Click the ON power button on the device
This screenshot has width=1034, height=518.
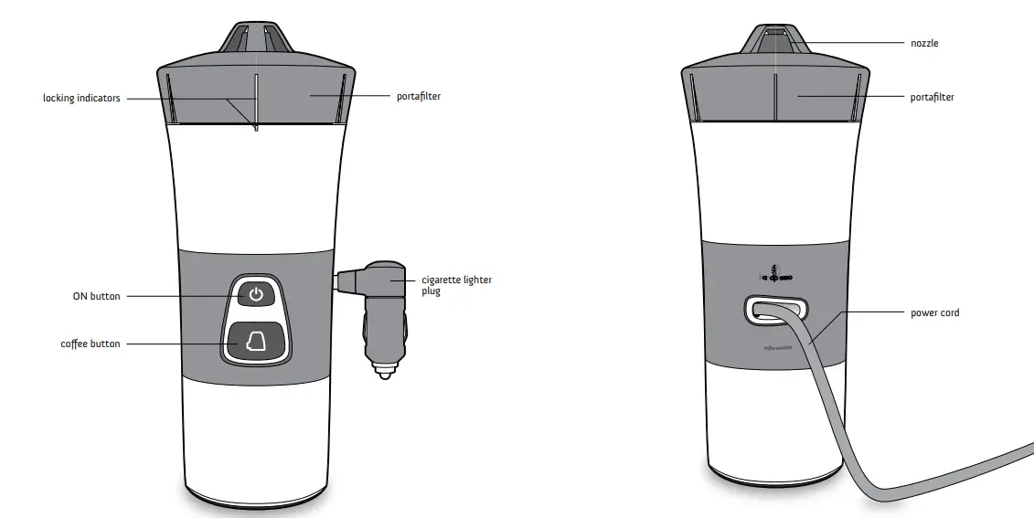pos(256,294)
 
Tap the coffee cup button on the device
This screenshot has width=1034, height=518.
pos(256,342)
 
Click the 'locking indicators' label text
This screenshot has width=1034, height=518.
pos(81,98)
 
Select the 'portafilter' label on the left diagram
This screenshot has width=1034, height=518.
pos(419,96)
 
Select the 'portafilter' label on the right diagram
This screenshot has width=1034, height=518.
pos(933,97)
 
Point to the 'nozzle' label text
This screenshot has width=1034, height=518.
pos(924,43)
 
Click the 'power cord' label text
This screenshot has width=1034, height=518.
pos(935,312)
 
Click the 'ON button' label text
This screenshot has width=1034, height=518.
pos(96,296)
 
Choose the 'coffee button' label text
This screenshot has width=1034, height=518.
pos(90,344)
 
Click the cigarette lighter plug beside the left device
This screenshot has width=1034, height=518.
pos(379,311)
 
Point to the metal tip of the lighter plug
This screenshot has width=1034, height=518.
pos(384,372)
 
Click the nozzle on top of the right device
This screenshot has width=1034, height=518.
pos(775,40)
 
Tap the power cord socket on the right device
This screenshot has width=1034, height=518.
pos(774,310)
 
